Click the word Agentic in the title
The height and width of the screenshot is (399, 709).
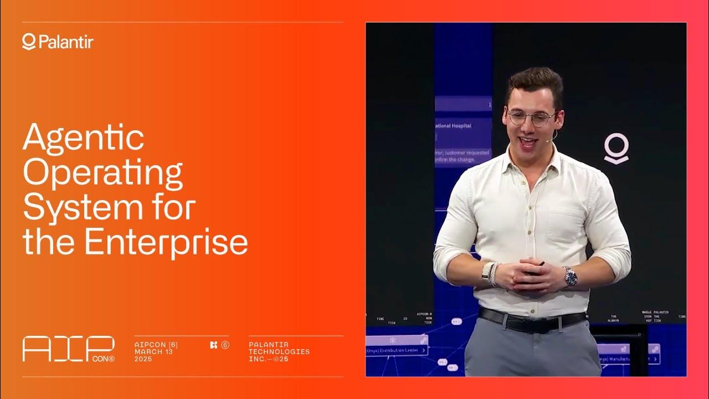pos(83,138)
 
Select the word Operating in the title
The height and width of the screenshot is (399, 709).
pos(102,172)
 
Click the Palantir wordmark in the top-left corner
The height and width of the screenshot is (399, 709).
pos(58,42)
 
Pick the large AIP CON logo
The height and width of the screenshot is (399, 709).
pos(68,349)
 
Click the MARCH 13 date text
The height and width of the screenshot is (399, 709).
pos(153,352)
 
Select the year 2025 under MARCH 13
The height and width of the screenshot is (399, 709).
pos(143,359)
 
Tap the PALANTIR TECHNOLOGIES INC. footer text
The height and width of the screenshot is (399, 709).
pos(279,352)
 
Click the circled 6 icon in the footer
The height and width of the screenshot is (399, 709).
pos(225,345)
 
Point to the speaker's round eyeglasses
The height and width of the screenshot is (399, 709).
pos(531,117)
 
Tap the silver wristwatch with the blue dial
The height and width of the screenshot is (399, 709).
pos(571,277)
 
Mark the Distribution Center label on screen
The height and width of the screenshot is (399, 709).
pos(396,350)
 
